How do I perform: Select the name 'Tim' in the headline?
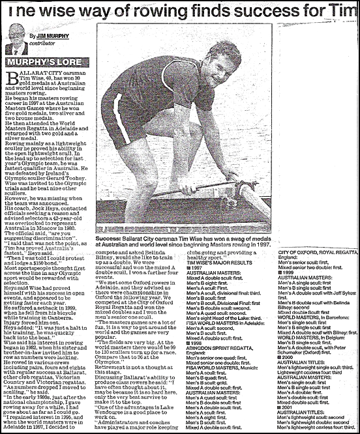[340, 12]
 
